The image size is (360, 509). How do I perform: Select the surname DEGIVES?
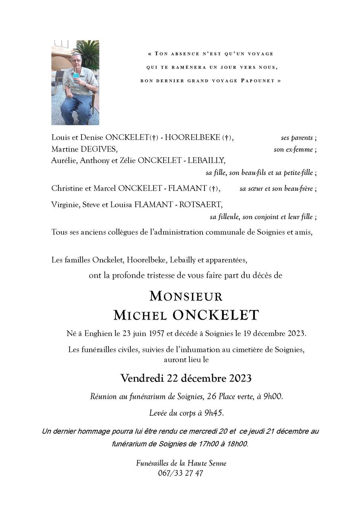coord(99,149)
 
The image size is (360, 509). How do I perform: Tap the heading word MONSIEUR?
coord(186,296)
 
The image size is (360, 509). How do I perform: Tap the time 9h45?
coord(214,413)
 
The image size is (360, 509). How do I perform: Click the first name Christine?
coord(66,188)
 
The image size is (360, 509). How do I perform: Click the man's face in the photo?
coord(76,61)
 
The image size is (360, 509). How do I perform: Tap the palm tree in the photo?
coord(90,52)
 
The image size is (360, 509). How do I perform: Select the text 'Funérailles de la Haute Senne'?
coord(181,463)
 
